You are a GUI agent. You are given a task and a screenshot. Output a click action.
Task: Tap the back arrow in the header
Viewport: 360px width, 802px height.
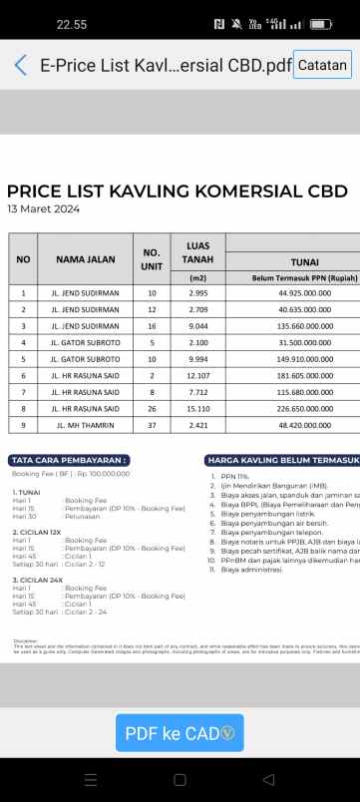pos(21,66)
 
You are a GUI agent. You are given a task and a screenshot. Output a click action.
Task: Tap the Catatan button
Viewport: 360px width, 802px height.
pos(323,66)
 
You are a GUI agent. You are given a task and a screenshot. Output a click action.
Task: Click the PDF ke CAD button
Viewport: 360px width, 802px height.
pos(180,733)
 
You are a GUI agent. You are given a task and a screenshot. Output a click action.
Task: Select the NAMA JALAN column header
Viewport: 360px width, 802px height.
pos(85,259)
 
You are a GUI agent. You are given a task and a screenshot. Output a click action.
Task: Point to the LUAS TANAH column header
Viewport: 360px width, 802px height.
pos(197,252)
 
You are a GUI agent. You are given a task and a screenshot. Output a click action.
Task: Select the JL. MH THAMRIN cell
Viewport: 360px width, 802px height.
pos(85,425)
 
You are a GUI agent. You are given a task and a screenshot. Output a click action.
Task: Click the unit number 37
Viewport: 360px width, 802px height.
pos(152,425)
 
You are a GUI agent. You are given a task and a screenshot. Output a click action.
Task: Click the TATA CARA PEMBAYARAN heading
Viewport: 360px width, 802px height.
pos(70,460)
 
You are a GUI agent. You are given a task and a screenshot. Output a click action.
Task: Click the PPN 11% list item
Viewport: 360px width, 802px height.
pos(236,478)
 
